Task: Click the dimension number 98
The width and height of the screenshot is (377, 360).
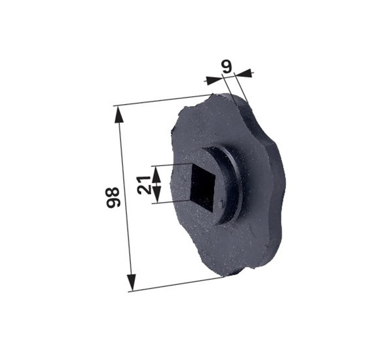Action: click(113, 198)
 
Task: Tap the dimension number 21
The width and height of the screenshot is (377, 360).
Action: click(144, 185)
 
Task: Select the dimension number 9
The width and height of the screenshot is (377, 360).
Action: click(227, 66)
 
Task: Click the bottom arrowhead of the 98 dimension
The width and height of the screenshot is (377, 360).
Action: click(131, 282)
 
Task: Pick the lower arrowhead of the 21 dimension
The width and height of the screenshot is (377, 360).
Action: click(157, 194)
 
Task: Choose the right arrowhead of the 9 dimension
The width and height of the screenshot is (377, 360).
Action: click(243, 73)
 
